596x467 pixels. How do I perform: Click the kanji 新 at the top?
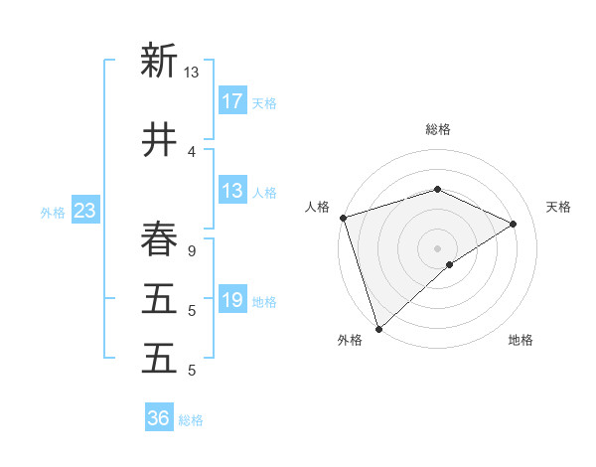pos(158,61)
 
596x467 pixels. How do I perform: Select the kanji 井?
pos(158,140)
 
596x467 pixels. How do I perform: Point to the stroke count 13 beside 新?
pos(191,72)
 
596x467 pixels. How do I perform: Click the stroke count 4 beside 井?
pos(192,151)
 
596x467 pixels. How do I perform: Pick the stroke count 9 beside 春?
pos(192,250)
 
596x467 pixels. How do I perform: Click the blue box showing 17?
pos(232,101)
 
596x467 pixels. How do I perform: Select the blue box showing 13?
pos(232,191)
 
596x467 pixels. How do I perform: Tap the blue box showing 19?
pos(232,300)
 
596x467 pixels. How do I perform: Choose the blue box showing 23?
pos(84,211)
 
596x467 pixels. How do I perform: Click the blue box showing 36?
pos(159,418)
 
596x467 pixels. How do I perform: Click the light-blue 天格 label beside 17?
pos(264,102)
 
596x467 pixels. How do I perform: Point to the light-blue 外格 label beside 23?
pos(53,212)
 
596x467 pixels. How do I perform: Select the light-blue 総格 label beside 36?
pos(191,419)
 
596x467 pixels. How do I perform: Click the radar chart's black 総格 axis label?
pos(438,129)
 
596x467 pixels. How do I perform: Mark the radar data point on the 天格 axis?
pos(514,224)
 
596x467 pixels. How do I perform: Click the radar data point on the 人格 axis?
pos(343,218)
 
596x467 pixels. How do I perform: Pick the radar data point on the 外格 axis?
pos(378,328)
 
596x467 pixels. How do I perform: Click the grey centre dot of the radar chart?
pos(438,247)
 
